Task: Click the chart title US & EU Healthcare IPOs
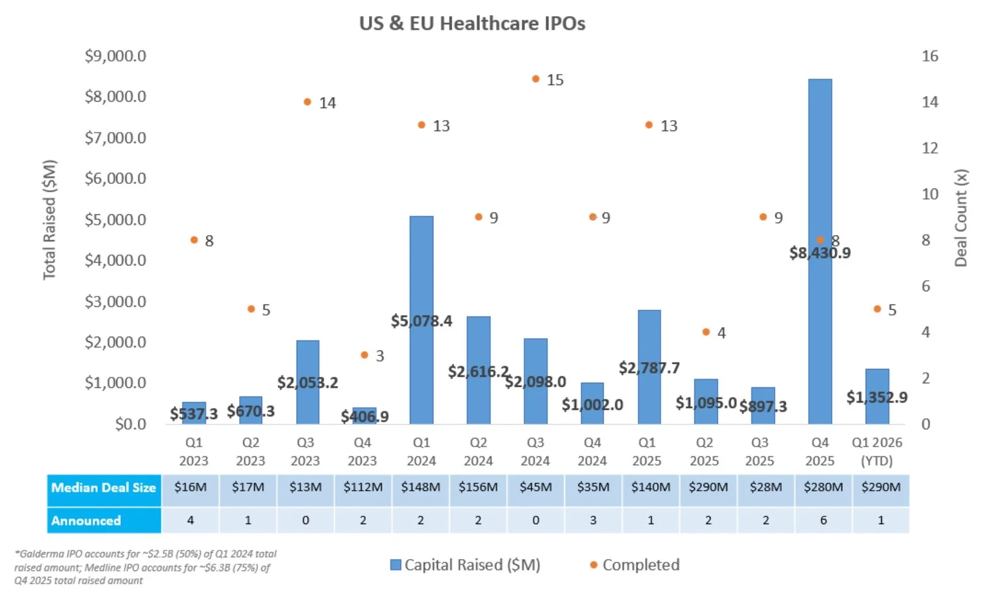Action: [472, 24]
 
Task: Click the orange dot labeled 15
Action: [536, 79]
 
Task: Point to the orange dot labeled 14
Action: [308, 102]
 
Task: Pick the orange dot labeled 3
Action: [364, 355]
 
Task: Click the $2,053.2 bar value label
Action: [308, 383]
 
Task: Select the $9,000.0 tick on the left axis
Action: [116, 56]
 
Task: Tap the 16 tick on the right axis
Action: [930, 56]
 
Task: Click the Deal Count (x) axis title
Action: [961, 218]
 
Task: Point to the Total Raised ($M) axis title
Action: [49, 219]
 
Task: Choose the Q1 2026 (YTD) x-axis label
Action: [877, 451]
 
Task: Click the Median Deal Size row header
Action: [103, 488]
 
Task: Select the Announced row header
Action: [86, 521]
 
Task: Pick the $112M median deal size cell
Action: [363, 487]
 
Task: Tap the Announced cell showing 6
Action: [823, 521]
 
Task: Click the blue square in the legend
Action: [395, 565]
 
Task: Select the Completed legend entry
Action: [640, 565]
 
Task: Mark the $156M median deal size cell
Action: [478, 487]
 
